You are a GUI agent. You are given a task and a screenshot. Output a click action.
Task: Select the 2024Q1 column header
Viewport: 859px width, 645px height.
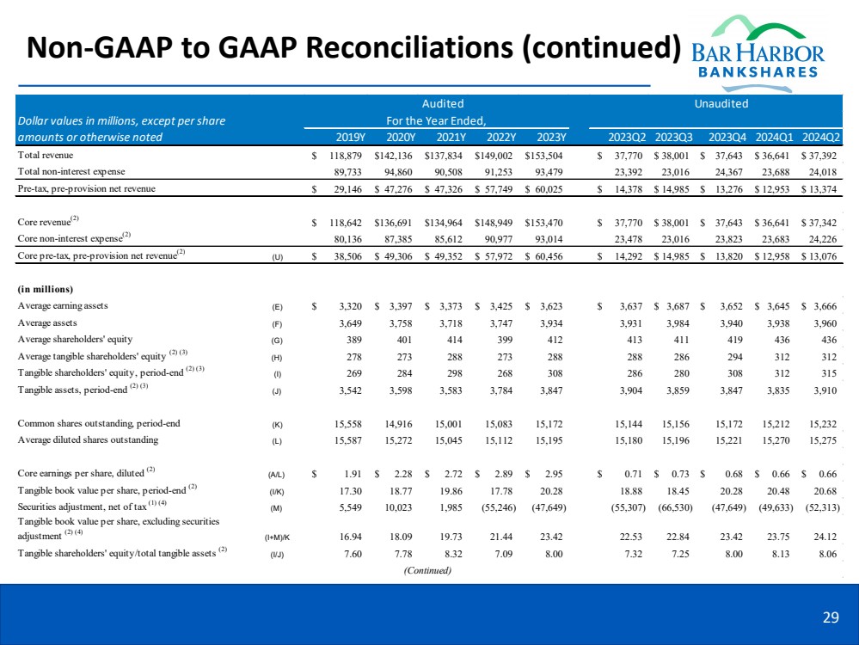pyautogui.click(x=775, y=138)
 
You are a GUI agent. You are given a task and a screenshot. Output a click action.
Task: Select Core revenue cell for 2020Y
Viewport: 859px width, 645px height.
pyautogui.click(x=396, y=221)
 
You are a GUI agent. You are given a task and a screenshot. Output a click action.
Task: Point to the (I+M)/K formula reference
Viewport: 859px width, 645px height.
pyautogui.click(x=276, y=536)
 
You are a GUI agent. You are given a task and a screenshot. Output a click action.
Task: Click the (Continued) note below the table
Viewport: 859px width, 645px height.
pyautogui.click(x=427, y=570)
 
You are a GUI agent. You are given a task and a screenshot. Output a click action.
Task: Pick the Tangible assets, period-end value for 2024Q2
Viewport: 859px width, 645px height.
pyautogui.click(x=824, y=389)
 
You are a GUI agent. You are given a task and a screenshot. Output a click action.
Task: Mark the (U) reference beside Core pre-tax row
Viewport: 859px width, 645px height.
pyautogui.click(x=276, y=255)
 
